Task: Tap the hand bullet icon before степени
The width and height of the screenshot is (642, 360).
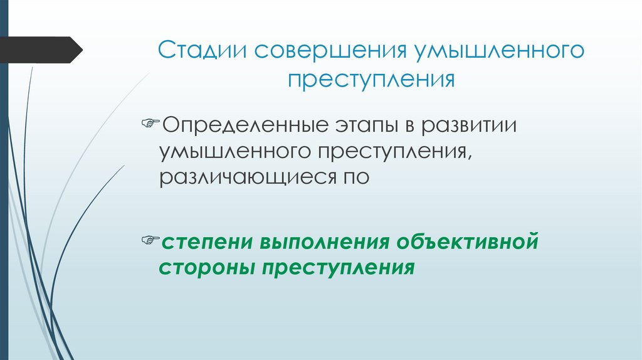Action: (150, 240)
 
